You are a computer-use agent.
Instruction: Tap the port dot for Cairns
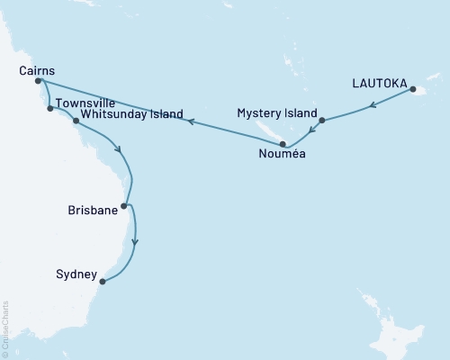tap(38, 81)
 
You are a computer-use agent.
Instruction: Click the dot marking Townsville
tap(49, 109)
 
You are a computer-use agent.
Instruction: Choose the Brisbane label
tap(93, 210)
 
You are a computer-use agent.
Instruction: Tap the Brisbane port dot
tap(124, 206)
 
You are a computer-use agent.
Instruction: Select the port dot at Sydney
tap(103, 282)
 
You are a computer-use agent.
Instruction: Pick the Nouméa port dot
tap(283, 143)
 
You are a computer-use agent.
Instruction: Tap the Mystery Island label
tap(277, 113)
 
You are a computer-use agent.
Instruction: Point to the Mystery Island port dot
tap(321, 120)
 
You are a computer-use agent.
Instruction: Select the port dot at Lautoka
tap(412, 89)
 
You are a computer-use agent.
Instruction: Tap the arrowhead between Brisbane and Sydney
tap(136, 241)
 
